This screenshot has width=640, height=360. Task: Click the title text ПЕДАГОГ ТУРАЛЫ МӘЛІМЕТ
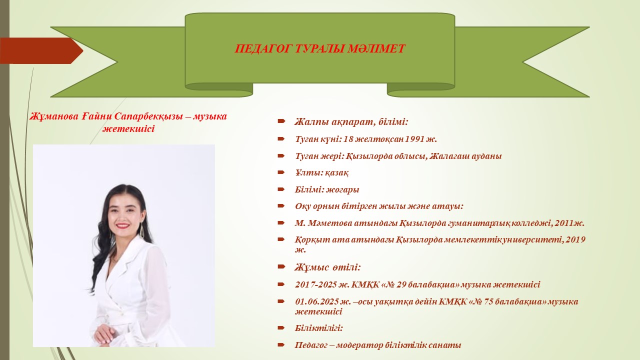click(x=319, y=48)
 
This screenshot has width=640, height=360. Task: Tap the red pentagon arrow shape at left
click(x=41, y=50)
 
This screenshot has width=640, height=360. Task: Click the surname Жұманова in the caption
click(x=54, y=116)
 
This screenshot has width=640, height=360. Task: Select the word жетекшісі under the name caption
click(x=128, y=128)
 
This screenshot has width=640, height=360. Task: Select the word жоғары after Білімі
click(x=342, y=189)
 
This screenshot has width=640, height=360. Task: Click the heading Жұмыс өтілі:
click(x=327, y=267)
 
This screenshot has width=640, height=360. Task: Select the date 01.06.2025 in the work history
click(x=317, y=301)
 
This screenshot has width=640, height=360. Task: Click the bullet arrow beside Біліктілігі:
click(x=281, y=327)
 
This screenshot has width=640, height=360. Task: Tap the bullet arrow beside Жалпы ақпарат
click(x=281, y=121)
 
